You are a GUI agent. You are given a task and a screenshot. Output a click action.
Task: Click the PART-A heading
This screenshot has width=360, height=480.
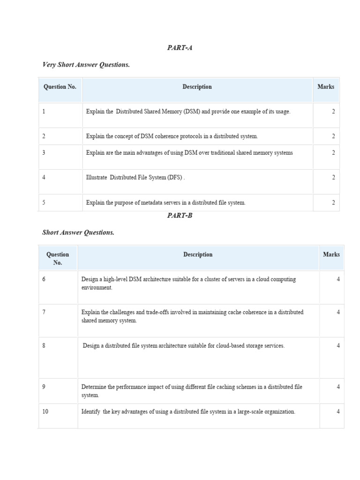pos(180,48)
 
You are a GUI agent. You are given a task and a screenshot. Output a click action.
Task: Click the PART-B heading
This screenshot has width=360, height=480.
pos(180,216)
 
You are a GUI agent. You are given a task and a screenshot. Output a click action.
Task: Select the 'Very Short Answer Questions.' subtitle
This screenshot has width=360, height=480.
pos(86,65)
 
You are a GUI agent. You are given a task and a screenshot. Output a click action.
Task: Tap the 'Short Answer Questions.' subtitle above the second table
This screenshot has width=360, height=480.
pos(78,232)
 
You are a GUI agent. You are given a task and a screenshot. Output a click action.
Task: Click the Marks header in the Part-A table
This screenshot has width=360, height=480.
pos(326,87)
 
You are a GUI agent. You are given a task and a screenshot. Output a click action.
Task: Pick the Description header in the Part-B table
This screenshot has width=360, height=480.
pos(198,255)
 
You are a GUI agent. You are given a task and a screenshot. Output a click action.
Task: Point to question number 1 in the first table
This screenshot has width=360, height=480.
pos(44,112)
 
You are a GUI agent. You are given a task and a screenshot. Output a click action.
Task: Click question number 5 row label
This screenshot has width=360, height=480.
pos(44,202)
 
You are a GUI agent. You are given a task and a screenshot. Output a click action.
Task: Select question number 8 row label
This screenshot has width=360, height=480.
pos(44,345)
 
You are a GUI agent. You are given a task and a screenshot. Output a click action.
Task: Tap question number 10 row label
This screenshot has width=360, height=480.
pos(45,412)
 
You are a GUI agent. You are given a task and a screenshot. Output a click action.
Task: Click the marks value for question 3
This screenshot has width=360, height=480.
pos(333,153)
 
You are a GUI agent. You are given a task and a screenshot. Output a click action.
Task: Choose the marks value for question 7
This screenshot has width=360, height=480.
pos(338,312)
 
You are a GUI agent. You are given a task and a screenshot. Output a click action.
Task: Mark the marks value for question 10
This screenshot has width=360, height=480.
pos(338,412)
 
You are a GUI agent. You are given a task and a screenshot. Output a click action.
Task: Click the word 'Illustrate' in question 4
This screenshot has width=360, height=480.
pos(97,178)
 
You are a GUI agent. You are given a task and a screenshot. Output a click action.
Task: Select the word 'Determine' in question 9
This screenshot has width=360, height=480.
pos(94,387)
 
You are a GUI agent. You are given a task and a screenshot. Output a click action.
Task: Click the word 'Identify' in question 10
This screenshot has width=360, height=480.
pos(91,412)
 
